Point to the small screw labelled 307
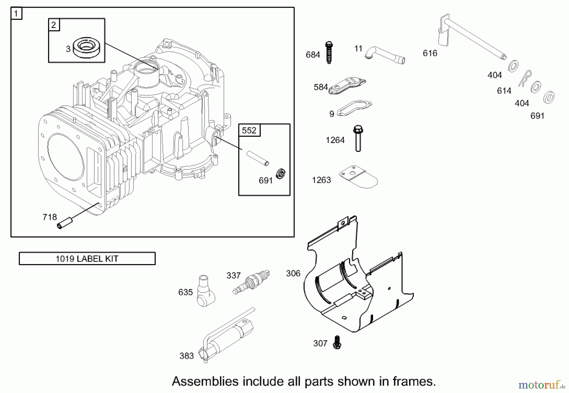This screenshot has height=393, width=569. click(337, 342)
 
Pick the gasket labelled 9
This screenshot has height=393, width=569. click(354, 108)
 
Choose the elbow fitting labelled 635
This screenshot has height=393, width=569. click(205, 291)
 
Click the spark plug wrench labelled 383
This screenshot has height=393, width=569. click(226, 337)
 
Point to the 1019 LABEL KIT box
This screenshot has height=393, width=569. click(87, 258)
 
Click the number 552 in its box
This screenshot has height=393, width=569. click(249, 130)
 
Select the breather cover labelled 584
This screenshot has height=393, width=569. click(347, 86)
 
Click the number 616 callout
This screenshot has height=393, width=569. click(430, 53)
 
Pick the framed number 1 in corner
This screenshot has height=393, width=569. click(16, 14)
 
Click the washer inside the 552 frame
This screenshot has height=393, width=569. click(280, 173)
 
